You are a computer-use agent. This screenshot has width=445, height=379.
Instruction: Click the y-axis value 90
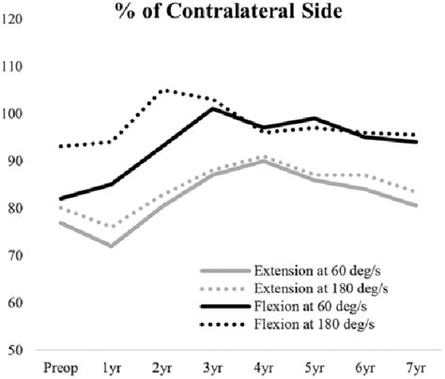pos(15,161)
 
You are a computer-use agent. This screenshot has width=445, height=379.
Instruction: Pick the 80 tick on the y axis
pos(15,208)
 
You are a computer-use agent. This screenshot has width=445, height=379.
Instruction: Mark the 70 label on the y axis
pos(15,255)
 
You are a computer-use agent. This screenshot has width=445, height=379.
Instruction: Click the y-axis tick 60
pos(15,302)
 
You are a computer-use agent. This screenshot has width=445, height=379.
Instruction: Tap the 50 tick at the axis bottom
pos(15,350)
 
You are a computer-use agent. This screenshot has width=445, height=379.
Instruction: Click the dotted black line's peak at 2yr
pos(163,90)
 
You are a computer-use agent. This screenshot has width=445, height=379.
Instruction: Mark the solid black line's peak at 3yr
pos(213,109)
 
